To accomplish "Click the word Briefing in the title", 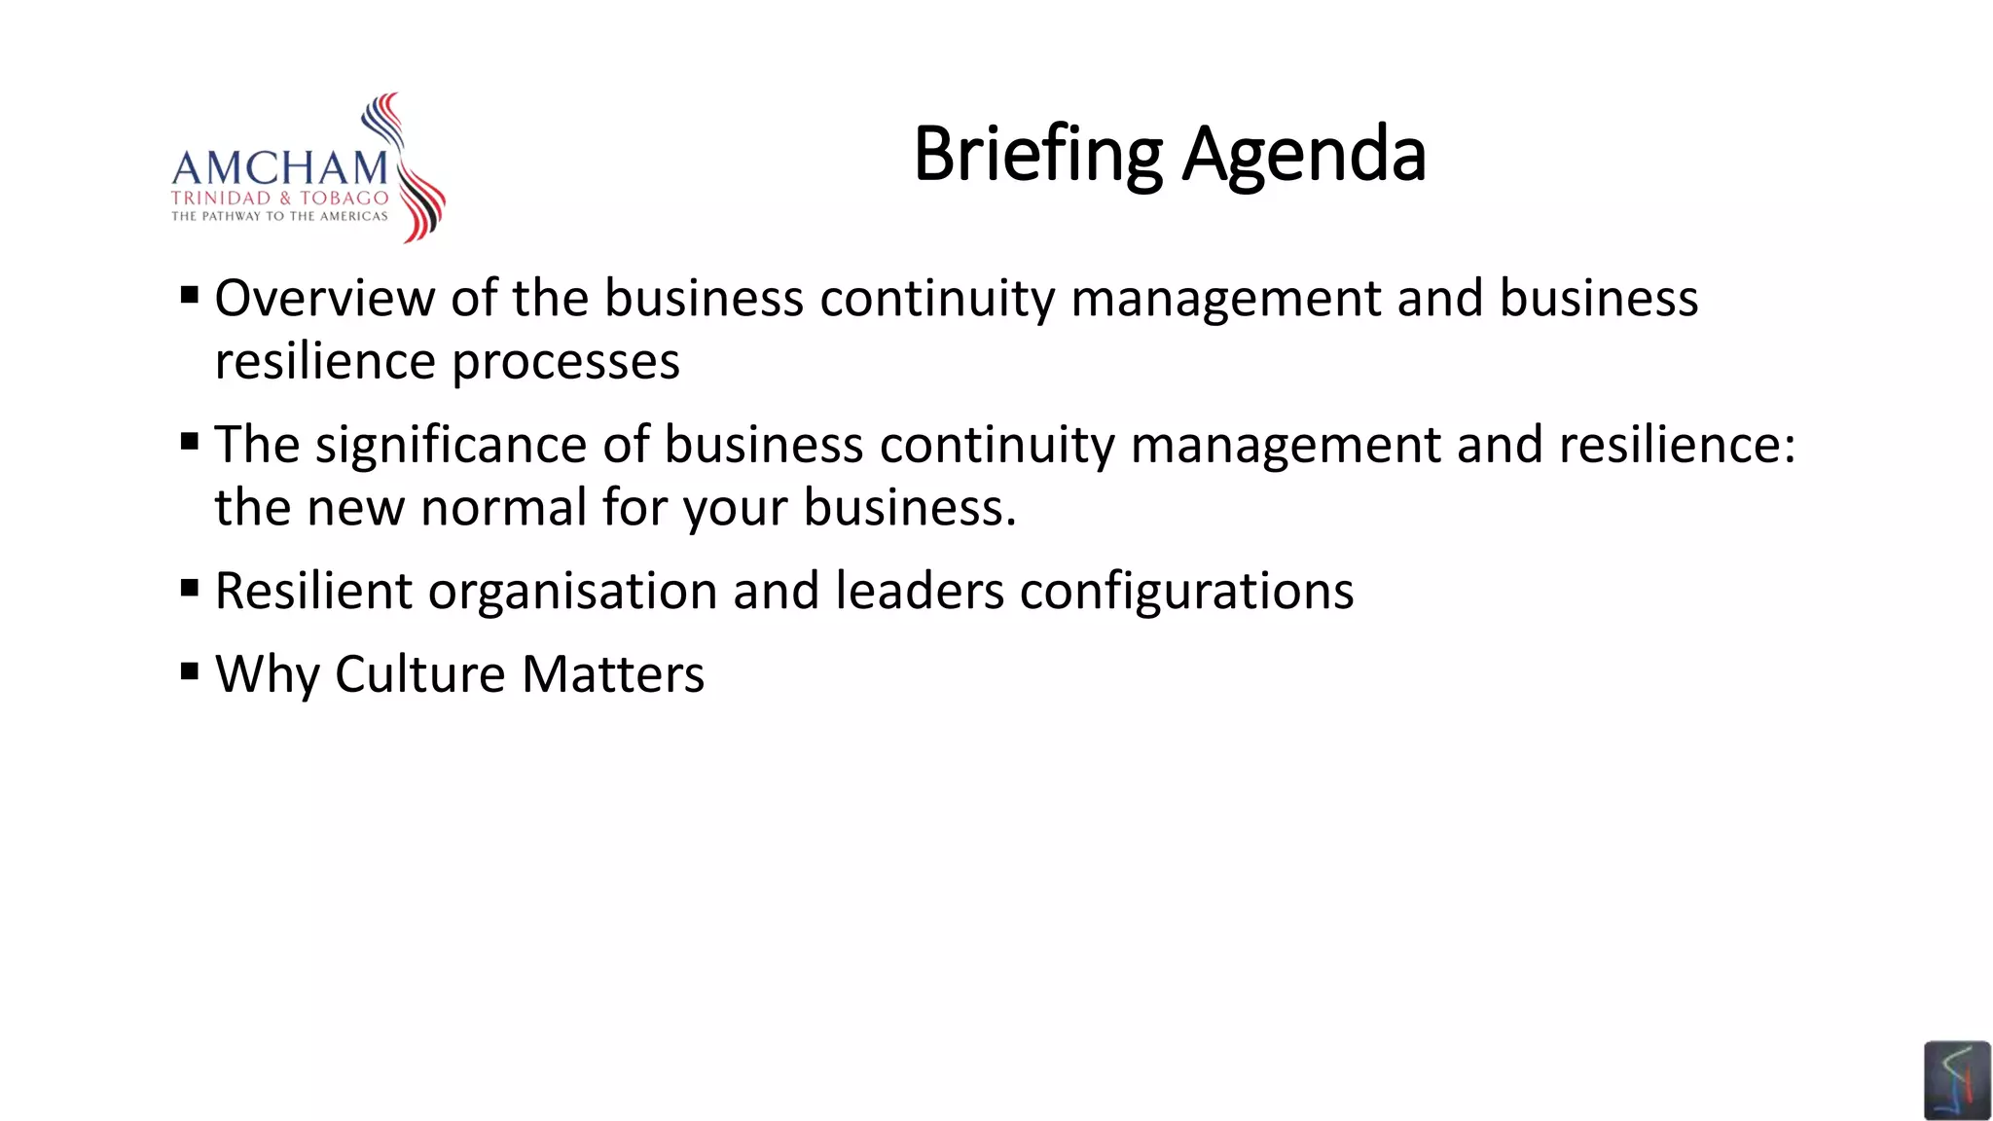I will [x=1037, y=155].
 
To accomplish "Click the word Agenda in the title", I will [x=1304, y=155].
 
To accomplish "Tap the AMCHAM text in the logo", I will [x=280, y=168].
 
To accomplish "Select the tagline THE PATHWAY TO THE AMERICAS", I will [x=280, y=216].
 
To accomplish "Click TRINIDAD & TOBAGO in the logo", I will [x=280, y=198].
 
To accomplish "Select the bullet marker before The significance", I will [x=190, y=443].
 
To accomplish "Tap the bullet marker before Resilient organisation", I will [x=190, y=588].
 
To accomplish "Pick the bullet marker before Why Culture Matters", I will [x=190, y=670].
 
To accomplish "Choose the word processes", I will [x=565, y=362].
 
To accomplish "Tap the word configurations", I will [x=1186, y=592].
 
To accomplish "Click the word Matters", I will [x=612, y=674].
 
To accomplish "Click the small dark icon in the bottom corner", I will [x=1956, y=1080].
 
